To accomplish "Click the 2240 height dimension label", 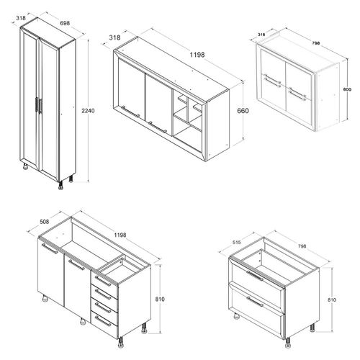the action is tap(88, 111).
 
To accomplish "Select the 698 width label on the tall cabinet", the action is tap(65, 23).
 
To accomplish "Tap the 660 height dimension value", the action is tap(243, 111).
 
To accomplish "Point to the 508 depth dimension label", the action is tap(44, 221).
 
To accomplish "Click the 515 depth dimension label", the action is tap(237, 243).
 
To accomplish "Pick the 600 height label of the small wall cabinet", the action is tap(347, 89).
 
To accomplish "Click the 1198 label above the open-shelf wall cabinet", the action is tap(197, 55).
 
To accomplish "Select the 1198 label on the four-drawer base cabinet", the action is tap(120, 235).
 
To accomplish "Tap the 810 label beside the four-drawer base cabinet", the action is tap(160, 300).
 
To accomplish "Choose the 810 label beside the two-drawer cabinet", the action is tap(331, 300).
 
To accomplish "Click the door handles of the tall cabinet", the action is tap(38, 105).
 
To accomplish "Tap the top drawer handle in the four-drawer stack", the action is tap(103, 281).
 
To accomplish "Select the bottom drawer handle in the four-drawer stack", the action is tap(103, 321).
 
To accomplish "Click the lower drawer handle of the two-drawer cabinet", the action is tap(255, 302).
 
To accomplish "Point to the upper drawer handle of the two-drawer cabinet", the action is tap(255, 276).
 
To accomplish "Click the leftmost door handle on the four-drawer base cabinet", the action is tap(50, 248).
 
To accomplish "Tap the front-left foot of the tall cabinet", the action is tap(25, 166).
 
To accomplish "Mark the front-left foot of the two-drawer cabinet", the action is tap(237, 315).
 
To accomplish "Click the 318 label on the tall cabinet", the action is tap(21, 18).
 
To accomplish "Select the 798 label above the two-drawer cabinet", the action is tap(302, 246).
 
